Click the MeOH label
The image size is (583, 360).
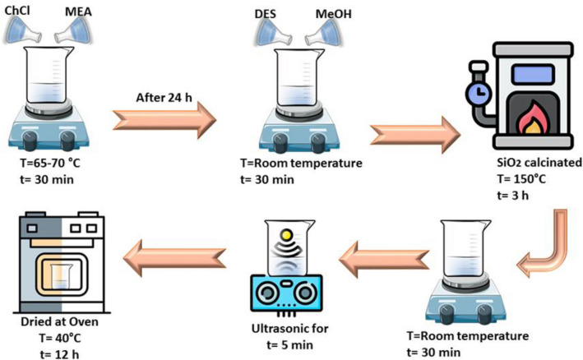[336, 14]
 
